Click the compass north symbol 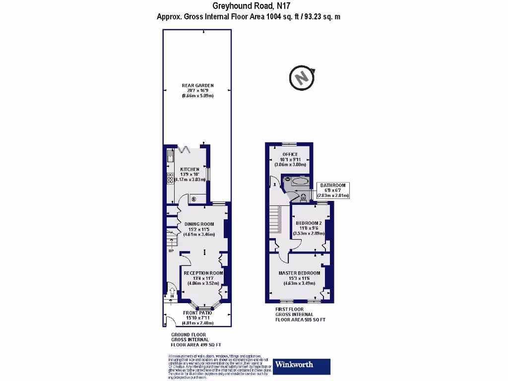(x=301, y=78)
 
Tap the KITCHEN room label (x=190, y=169)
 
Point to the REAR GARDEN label (x=197, y=85)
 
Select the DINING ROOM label (x=199, y=224)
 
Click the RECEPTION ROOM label (x=203, y=273)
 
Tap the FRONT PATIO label (x=197, y=313)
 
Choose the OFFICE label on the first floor (x=290, y=154)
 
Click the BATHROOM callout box (x=332, y=190)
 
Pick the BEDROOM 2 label (x=310, y=223)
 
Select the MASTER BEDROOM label (x=299, y=273)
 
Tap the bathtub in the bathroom (x=300, y=182)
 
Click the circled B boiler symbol (x=193, y=199)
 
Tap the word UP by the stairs (x=172, y=251)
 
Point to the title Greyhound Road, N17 (x=251, y=6)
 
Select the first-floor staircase (x=275, y=221)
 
